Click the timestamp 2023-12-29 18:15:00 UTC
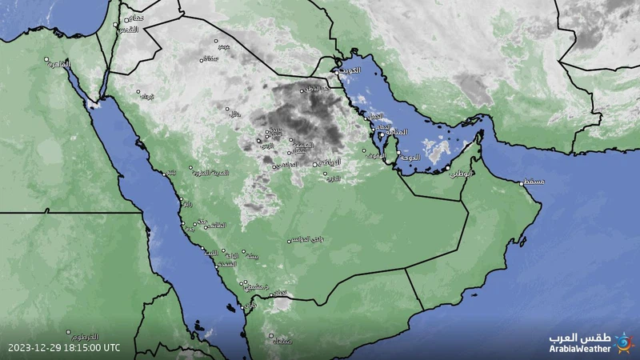pyautogui.click(x=65, y=348)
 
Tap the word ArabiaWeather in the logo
pyautogui.click(x=580, y=348)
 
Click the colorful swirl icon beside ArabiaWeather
pyautogui.click(x=622, y=342)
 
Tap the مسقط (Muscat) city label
pyautogui.click(x=534, y=182)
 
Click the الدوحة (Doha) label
pyautogui.click(x=409, y=158)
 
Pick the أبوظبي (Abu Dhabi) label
pyautogui.click(x=462, y=173)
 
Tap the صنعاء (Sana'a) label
pyautogui.click(x=282, y=342)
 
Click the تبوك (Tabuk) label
pyautogui.click(x=147, y=97)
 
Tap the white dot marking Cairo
pyautogui.click(x=46, y=59)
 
